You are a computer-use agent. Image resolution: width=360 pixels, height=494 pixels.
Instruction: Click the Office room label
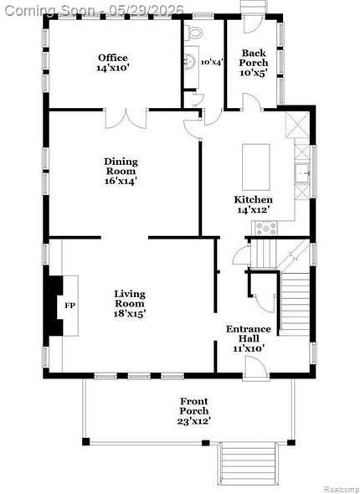tap(113, 58)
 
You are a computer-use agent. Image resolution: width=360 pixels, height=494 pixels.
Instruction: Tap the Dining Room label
tap(121, 167)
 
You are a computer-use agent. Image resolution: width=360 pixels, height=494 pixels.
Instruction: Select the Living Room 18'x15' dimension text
tap(130, 313)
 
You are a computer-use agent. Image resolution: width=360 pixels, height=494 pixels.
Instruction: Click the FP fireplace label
tap(70, 306)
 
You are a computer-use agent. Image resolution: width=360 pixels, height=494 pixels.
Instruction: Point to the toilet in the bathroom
tap(193, 32)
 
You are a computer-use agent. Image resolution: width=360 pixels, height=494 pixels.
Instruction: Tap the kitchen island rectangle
tap(255, 167)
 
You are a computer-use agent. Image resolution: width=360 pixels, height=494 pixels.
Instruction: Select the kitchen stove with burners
tap(265, 228)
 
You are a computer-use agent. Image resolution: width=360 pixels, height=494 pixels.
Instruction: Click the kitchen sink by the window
tap(302, 174)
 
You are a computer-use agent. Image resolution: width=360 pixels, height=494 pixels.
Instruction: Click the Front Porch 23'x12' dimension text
tap(194, 421)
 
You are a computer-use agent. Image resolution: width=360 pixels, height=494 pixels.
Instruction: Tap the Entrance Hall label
tap(249, 333)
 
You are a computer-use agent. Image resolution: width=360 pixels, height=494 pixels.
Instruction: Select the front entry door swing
tap(255, 365)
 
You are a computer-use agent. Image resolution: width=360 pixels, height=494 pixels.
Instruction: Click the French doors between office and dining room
tap(126, 118)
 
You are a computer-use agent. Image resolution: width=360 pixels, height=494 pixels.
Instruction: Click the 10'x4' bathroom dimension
tap(213, 62)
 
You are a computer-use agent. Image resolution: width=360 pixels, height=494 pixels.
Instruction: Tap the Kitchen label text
tap(253, 200)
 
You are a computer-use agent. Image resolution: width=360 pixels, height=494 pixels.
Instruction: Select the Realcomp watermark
tap(342, 489)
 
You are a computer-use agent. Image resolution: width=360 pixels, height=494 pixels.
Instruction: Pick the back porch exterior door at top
tap(252, 23)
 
